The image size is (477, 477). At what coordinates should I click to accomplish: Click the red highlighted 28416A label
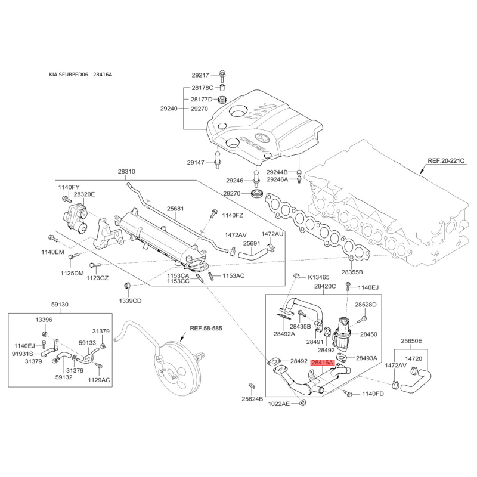click(322, 363)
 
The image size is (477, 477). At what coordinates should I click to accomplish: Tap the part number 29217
click(200, 75)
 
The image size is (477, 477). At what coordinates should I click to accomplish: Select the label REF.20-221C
click(446, 160)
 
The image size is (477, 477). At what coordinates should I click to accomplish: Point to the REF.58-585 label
click(206, 329)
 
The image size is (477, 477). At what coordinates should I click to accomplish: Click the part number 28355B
click(352, 272)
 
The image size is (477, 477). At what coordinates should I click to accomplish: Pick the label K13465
click(318, 277)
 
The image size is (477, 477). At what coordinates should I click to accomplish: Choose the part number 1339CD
click(130, 301)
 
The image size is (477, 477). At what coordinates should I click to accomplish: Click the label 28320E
click(84, 194)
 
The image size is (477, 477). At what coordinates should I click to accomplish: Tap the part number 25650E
click(411, 341)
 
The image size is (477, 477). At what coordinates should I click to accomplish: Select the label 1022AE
click(279, 404)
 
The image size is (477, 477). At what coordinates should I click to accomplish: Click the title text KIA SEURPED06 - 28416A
click(80, 75)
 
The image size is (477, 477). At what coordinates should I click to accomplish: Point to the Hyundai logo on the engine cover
click(262, 138)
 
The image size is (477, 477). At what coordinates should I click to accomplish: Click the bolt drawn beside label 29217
click(222, 76)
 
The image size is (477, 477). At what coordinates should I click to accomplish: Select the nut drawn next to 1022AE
click(302, 403)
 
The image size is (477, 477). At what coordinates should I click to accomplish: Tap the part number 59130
click(60, 304)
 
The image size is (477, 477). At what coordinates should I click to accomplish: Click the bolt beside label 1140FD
click(348, 393)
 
